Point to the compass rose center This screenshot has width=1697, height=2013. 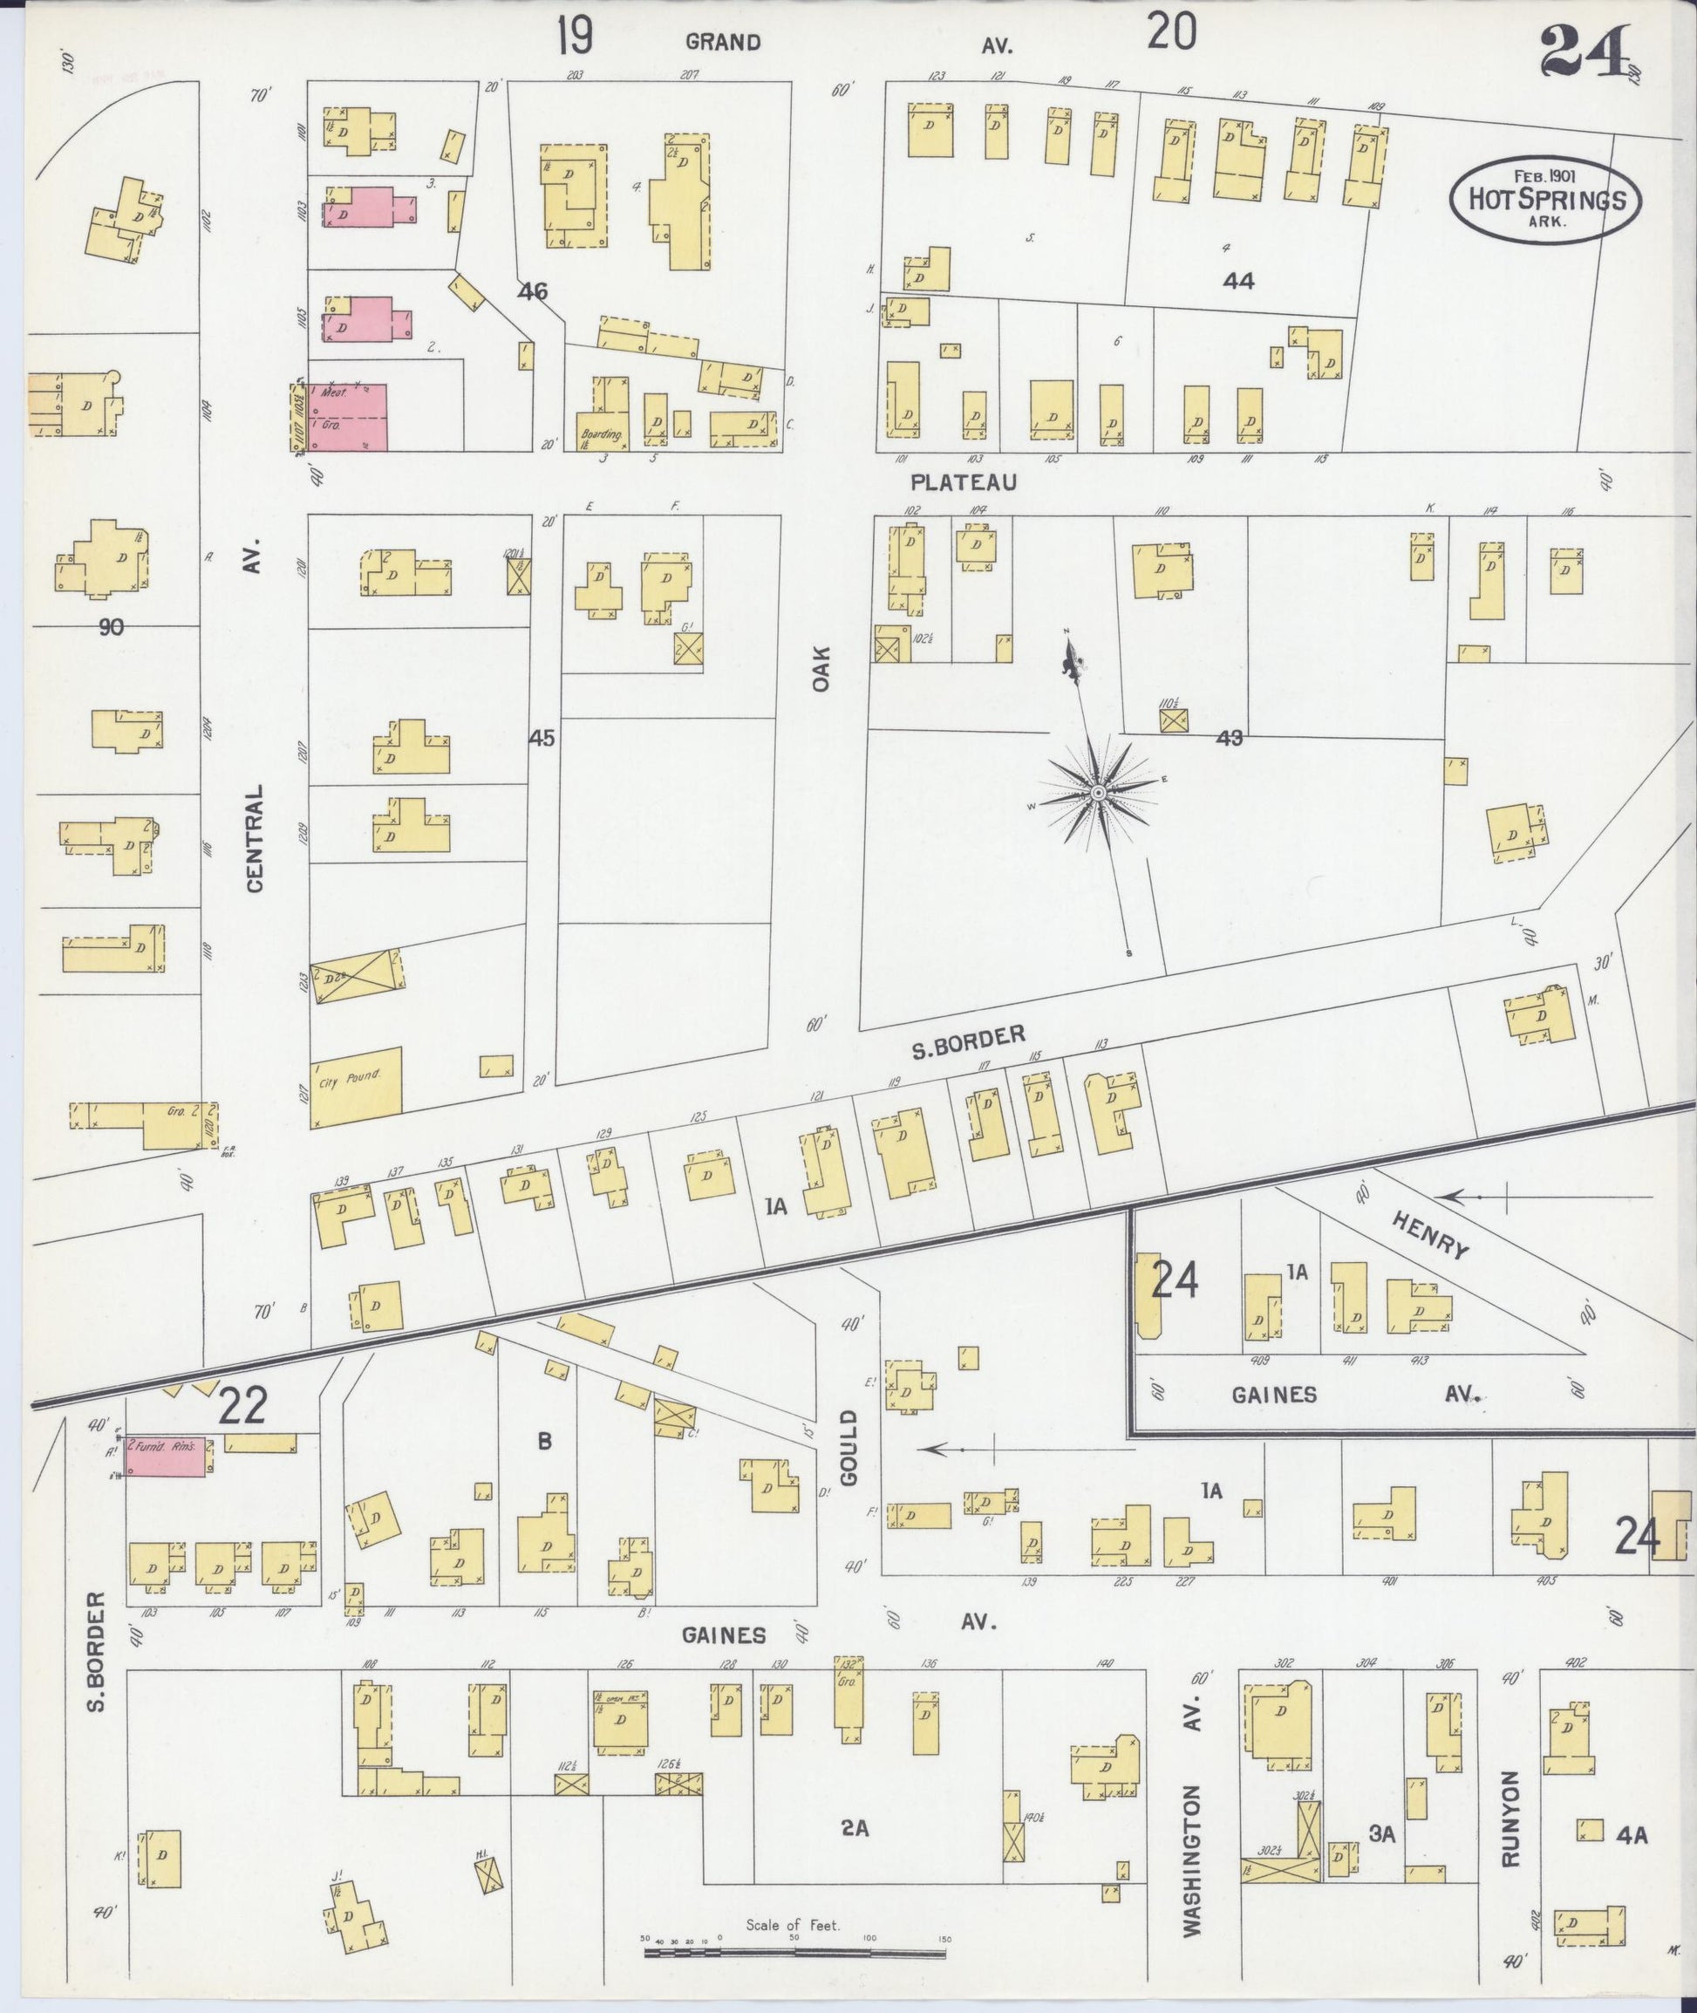1098,792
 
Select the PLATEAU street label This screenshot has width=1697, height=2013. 963,482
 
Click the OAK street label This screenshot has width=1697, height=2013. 821,668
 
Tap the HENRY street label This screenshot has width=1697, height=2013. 1430,1234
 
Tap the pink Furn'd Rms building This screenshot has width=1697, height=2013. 165,1453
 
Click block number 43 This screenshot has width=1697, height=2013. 1229,738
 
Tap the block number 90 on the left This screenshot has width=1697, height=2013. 111,627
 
